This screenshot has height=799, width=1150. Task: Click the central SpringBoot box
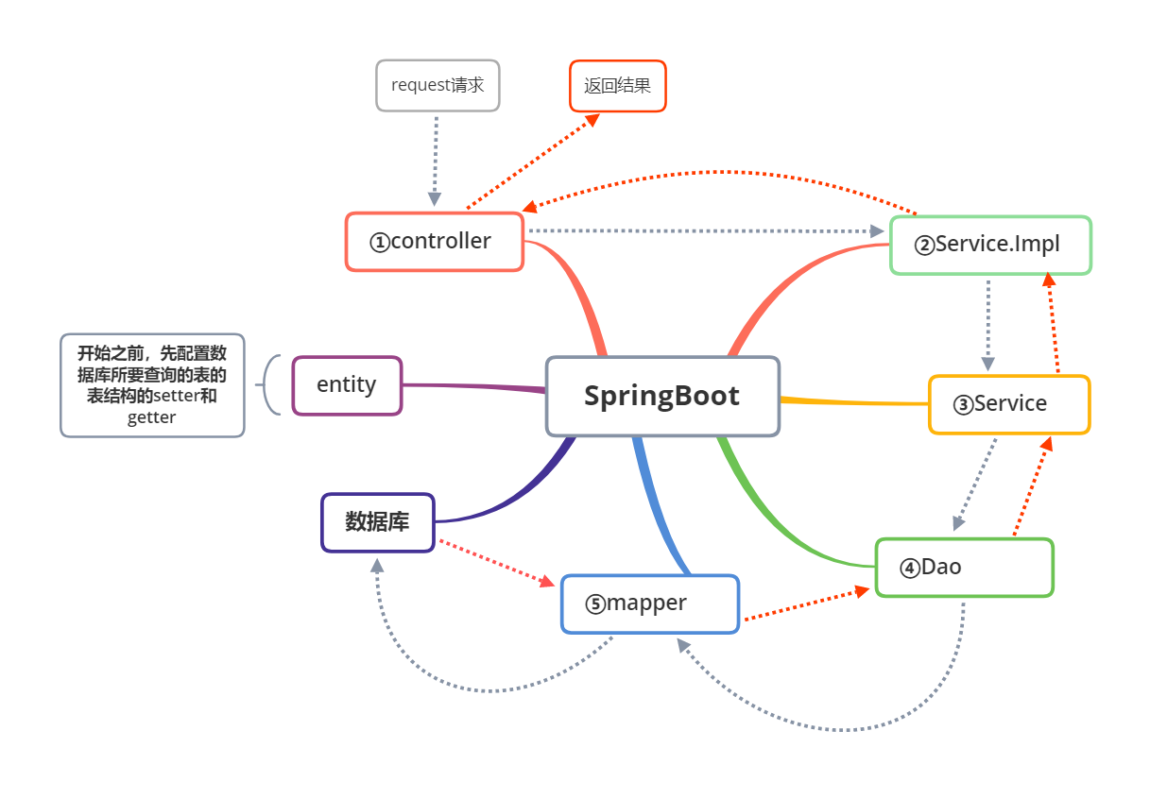tap(662, 396)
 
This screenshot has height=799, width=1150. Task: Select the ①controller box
tap(435, 242)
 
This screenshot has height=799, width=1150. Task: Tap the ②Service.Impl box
tap(990, 246)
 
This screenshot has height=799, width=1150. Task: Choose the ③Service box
tap(1009, 404)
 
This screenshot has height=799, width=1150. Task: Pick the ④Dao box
tap(964, 568)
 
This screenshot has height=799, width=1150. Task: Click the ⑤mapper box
tap(650, 603)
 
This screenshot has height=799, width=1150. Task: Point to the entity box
tap(347, 385)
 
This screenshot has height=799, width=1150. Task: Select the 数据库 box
tap(378, 522)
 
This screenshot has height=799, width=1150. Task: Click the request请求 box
tap(438, 86)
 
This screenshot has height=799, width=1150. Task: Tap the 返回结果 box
tap(617, 86)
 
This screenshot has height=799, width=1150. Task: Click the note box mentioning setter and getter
tap(152, 385)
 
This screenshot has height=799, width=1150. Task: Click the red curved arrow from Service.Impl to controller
tap(718, 173)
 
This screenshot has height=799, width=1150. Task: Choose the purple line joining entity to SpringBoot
tap(472, 385)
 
